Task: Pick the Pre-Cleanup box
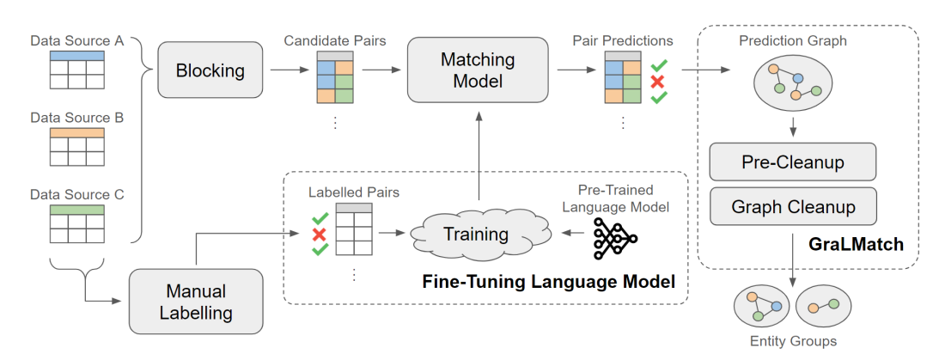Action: click(792, 162)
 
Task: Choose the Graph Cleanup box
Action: click(792, 207)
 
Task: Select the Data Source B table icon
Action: click(76, 146)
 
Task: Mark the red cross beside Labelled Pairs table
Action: click(319, 235)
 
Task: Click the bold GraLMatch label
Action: click(856, 245)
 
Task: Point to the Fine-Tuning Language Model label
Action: click(548, 281)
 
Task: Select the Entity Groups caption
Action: click(791, 341)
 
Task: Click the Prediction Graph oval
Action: click(792, 84)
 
